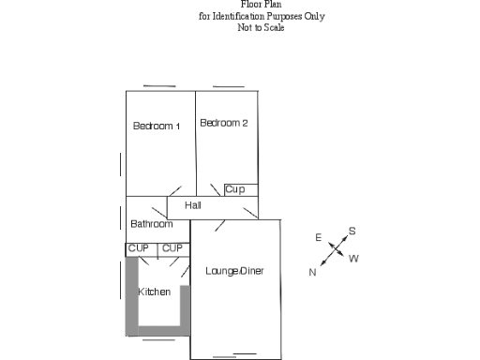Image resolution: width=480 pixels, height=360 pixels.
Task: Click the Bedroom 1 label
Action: pos(157,126)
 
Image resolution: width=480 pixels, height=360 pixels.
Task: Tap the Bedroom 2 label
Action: pos(224,123)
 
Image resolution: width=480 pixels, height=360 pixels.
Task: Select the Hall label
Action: pos(193,205)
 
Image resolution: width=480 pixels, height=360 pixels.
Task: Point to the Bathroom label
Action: pos(151,224)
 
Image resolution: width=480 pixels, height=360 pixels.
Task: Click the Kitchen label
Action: pos(155,292)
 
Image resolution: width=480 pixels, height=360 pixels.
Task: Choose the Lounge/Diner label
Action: pos(234,271)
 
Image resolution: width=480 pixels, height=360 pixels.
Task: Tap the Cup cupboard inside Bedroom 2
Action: pos(235,189)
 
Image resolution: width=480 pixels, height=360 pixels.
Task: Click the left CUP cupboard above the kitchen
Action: pos(139,248)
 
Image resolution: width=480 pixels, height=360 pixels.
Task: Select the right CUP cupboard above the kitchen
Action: pos(172,248)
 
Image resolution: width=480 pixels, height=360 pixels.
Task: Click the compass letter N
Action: pos(312,272)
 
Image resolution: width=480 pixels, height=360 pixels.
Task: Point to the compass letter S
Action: pos(352,231)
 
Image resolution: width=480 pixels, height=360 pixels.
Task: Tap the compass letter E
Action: pos(318,238)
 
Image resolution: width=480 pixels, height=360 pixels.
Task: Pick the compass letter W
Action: pos(353,259)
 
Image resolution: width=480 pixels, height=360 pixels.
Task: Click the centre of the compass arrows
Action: pos(337,251)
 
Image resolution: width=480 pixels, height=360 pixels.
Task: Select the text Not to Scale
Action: pos(261,27)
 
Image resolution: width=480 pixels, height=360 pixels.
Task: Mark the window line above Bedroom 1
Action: pos(160,86)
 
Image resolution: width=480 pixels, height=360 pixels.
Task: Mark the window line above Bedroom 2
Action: pos(228,86)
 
